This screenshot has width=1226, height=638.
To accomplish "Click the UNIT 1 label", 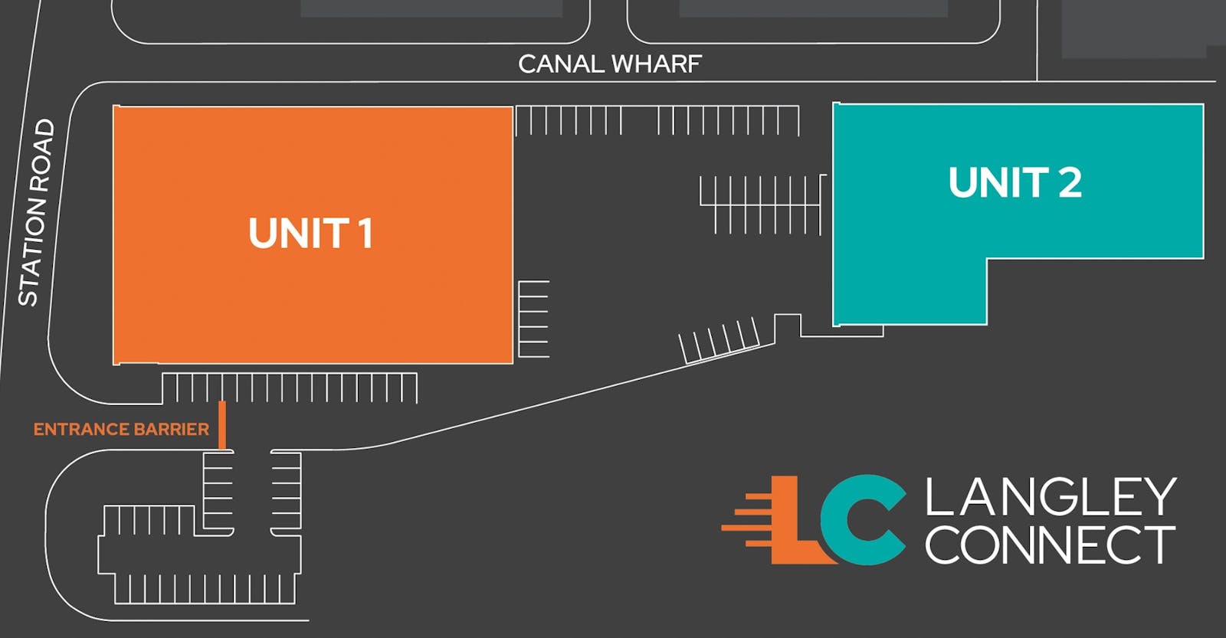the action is click(311, 234).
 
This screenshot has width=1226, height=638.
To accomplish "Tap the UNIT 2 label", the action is click(1015, 182).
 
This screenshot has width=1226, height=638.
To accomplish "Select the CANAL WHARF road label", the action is click(610, 64).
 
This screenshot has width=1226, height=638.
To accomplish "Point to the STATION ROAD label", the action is click(37, 212).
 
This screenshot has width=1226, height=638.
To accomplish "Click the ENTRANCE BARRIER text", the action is click(122, 429).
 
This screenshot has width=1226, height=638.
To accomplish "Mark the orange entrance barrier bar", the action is click(222, 425).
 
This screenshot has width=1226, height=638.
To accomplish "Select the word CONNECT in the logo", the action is click(1051, 545).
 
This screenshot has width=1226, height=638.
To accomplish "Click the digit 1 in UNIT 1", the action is click(365, 234).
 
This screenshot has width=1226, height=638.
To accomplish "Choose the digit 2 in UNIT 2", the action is click(1070, 182).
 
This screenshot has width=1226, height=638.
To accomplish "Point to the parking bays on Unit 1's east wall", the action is click(533, 319).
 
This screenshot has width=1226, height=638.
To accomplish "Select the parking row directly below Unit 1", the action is click(290, 388).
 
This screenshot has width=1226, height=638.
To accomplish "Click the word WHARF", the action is click(657, 64).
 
